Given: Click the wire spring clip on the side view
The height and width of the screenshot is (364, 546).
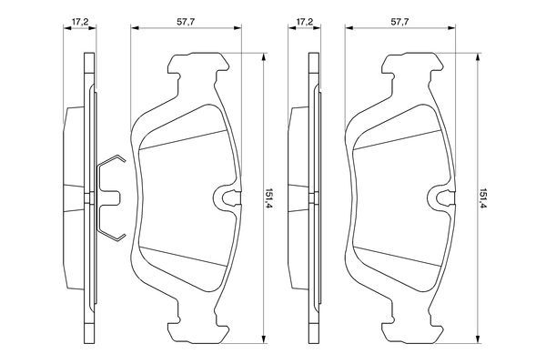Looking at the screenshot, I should pyautogui.click(x=107, y=197).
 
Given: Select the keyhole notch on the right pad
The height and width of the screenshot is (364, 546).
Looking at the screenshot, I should pyautogui.click(x=443, y=197).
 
